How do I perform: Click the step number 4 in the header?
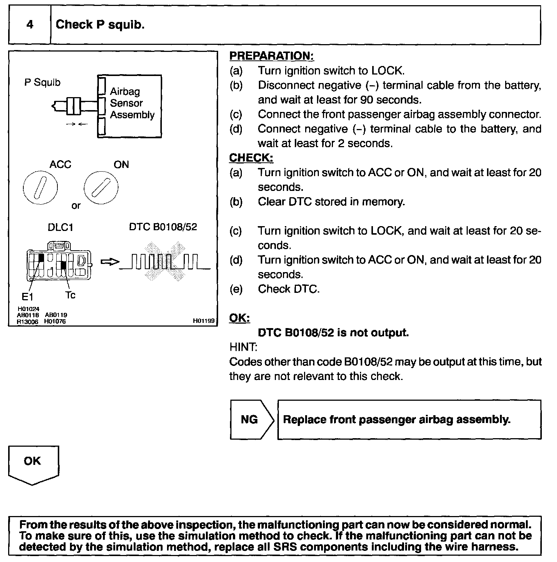coord(30,25)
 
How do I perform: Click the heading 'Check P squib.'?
coord(100,25)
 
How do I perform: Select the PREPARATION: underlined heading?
coord(271,56)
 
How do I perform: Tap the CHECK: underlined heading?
coord(251,158)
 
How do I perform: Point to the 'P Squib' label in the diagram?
coord(42,82)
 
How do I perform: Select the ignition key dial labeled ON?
coord(101,188)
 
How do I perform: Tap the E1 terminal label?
coord(27,297)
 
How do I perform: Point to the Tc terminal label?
coord(70,295)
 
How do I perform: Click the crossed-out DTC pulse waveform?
coord(165,261)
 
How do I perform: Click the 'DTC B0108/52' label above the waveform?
coord(163,227)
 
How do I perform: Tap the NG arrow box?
coord(251,419)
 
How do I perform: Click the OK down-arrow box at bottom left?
coord(33,463)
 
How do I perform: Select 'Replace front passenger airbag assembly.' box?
coord(409,419)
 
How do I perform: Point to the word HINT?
coord(243,347)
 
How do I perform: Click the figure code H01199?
coord(204,321)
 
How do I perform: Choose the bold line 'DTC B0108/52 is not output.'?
coord(333,333)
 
